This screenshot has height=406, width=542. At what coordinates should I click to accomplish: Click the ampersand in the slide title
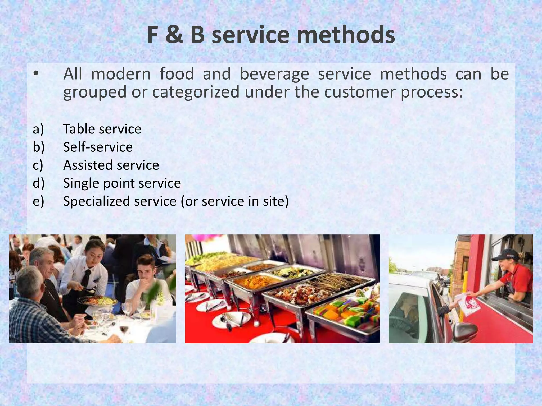[174, 35]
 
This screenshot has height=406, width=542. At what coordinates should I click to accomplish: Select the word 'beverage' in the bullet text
[274, 74]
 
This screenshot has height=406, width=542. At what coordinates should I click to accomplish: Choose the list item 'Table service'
[102, 129]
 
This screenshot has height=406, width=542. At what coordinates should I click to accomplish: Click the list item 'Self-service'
[98, 147]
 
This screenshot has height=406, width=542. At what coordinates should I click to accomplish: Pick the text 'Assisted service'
[111, 165]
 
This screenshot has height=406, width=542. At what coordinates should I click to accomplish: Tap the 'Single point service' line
[122, 183]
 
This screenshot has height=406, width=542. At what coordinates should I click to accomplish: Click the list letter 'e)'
[38, 201]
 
